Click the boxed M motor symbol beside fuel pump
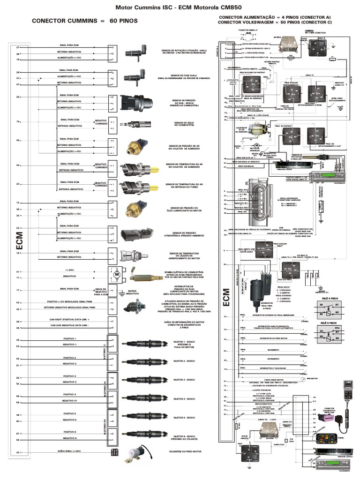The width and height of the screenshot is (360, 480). point(114,273)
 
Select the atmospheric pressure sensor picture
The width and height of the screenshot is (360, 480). point(135,235)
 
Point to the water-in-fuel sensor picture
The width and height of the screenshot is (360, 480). point(135,124)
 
